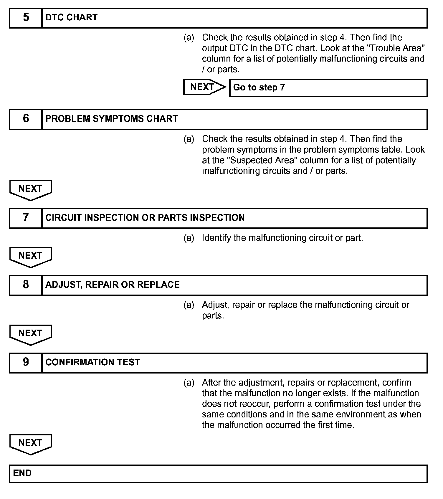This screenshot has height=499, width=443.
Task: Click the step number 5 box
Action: point(26,18)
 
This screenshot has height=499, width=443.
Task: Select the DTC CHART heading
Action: point(71,18)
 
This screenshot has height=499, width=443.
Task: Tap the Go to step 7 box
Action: point(328,87)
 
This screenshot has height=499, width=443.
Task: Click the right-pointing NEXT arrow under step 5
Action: point(204,87)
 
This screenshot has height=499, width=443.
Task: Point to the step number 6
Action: point(26,119)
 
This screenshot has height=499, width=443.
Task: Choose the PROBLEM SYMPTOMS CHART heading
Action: point(112,119)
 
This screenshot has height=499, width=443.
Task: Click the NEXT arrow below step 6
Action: point(31,189)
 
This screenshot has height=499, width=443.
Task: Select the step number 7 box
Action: point(26,218)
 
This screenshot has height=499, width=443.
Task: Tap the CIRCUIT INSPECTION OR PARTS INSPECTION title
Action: point(145,218)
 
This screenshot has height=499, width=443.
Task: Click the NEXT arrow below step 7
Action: point(31,256)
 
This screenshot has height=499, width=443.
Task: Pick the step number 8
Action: point(26,285)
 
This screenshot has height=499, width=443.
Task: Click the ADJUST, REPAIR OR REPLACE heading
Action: point(113,285)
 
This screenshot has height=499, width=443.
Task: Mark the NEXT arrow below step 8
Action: point(31,334)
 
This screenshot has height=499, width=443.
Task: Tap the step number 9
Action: point(26,363)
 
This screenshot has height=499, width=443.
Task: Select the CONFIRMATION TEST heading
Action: point(92,363)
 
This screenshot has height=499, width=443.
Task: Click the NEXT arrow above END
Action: point(31,443)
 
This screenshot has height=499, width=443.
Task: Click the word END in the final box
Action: point(22,473)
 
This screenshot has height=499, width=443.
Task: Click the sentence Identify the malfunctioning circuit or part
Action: point(282,238)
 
